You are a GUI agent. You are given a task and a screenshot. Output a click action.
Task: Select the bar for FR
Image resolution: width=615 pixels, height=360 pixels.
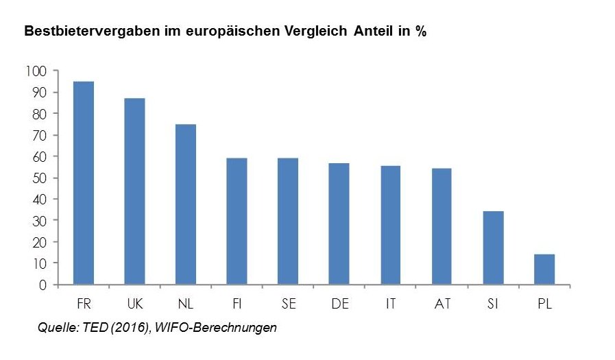pos(84,182)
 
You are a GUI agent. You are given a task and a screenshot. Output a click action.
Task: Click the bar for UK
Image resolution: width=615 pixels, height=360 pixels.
pos(134,191)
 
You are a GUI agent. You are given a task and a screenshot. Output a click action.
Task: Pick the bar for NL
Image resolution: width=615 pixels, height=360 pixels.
pos(186,204)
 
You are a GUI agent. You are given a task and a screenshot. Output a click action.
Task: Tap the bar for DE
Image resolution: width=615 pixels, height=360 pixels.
pos(339,224)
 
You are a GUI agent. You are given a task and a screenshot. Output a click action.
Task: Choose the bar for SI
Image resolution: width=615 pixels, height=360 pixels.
pos(493,248)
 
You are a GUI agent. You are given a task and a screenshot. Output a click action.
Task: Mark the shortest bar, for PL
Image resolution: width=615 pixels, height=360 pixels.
pos(544,269)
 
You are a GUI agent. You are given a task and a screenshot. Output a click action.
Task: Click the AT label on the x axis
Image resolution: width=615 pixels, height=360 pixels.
pos(442,303)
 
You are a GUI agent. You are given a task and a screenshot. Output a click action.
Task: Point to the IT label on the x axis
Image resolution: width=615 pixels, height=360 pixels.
pos(391,303)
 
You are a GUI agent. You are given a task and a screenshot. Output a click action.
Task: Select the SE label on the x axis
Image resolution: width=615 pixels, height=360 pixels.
pos(289,303)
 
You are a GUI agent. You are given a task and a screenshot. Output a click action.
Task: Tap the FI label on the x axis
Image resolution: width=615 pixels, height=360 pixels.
pos(237,303)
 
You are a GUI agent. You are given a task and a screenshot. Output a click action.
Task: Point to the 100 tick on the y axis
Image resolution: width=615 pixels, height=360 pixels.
pos(36,71)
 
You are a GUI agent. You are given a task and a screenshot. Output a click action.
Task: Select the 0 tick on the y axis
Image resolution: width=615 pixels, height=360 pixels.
pos(43,285)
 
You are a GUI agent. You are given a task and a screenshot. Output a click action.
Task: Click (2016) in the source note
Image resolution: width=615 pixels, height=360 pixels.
pos(128,328)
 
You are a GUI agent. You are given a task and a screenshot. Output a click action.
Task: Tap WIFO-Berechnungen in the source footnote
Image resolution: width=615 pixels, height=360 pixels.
pos(218,328)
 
